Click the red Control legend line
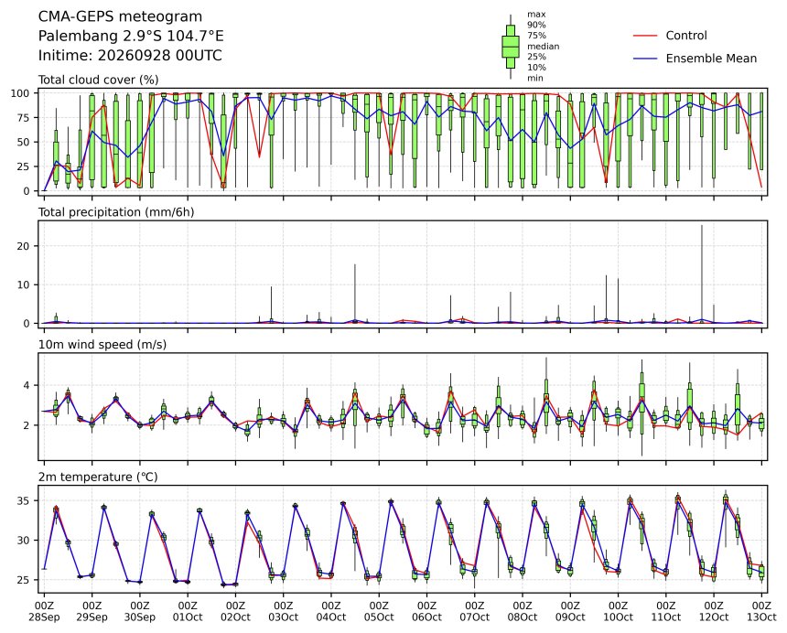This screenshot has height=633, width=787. [x=645, y=36]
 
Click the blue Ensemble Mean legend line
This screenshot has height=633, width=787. [x=645, y=59]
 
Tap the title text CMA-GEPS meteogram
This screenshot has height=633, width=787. [x=121, y=16]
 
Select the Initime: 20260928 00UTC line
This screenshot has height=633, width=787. [x=130, y=55]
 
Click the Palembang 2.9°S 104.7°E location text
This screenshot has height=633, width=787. [x=131, y=36]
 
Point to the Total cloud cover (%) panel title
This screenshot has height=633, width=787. [x=99, y=80]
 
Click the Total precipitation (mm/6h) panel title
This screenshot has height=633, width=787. [x=116, y=212]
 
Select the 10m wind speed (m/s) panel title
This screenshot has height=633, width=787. [x=102, y=345]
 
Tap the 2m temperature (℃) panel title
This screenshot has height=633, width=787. [x=98, y=477]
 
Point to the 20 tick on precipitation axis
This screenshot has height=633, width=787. [x=24, y=246]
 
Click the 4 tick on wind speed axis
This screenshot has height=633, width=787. [x=27, y=386]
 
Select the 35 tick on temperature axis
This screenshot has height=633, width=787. [x=24, y=501]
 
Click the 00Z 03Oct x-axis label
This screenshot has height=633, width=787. [x=284, y=612]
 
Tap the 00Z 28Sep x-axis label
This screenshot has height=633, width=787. [x=44, y=612]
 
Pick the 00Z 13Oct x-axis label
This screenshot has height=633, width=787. [x=762, y=612]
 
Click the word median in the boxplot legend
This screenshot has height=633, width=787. [x=543, y=46]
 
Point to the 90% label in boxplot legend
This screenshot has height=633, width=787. [x=536, y=25]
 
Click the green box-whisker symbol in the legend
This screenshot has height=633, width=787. [x=511, y=47]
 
